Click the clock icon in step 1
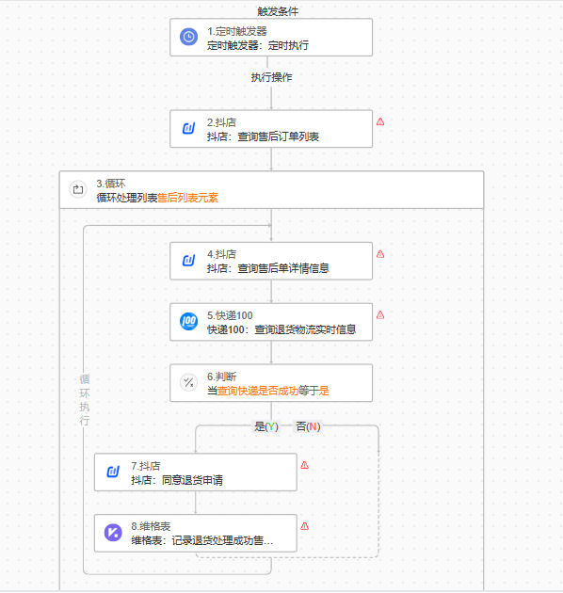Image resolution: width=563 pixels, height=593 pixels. pos(188,37)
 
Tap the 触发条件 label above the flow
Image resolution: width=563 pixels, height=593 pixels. pos(278,11)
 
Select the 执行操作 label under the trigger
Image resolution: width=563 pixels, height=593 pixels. pos(272,77)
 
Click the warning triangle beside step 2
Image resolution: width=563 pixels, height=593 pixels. pos(380,121)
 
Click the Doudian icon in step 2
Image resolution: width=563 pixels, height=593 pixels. pos(188,129)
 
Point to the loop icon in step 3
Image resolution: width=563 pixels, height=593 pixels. pos(78,189)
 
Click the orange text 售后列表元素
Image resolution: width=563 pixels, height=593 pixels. pos(187,198)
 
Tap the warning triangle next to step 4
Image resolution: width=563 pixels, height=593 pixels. pos(380,254)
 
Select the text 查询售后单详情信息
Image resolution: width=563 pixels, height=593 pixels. pos(283,268)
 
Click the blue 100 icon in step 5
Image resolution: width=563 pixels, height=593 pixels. pos(188,322)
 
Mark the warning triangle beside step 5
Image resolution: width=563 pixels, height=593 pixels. pos(380,315)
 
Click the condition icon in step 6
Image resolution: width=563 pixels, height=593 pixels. pos(188,383)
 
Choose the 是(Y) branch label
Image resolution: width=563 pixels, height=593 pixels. pos(266,426)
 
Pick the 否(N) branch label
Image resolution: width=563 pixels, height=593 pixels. pos(308,426)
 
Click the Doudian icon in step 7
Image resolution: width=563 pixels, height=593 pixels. pos(113,472)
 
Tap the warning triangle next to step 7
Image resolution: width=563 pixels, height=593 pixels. pos(305,465)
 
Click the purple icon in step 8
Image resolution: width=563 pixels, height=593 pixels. pos(113,533)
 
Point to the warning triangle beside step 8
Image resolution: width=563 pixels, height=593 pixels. pos(305,526)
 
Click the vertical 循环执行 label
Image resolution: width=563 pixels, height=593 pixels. pos(85,400)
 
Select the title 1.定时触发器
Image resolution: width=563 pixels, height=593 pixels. pos(237,31)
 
